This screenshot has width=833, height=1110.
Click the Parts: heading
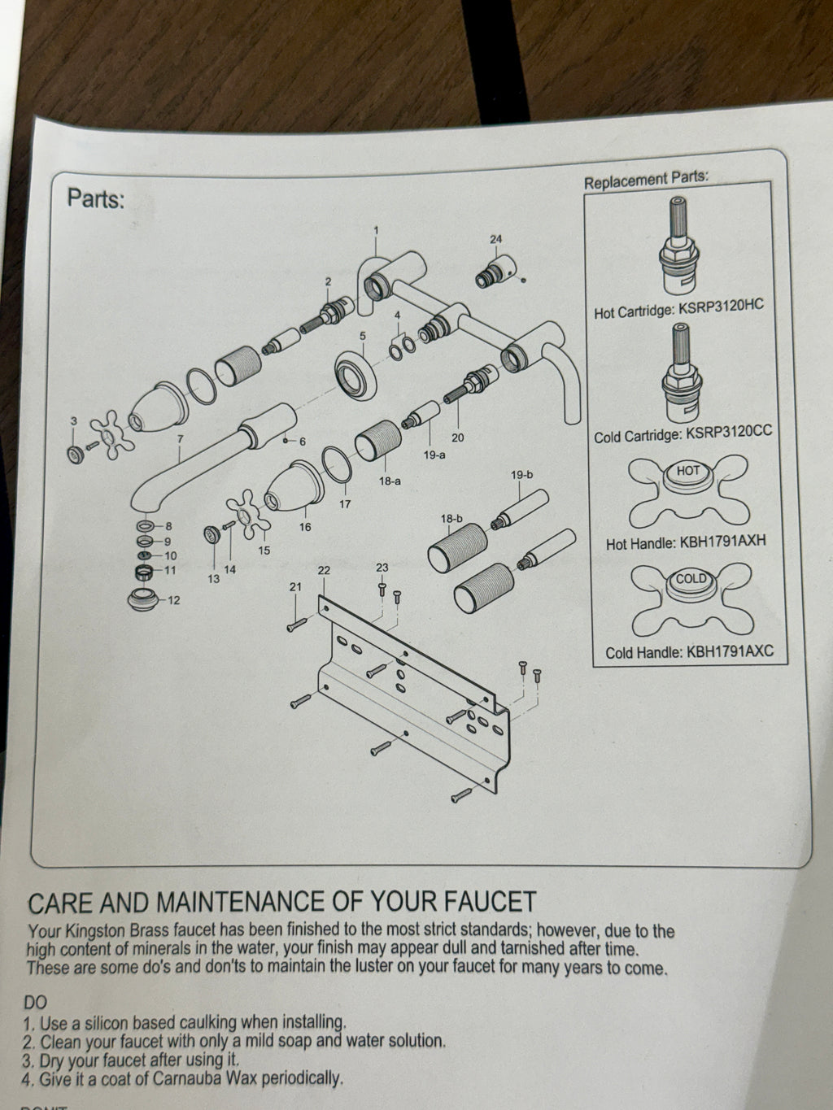pos(96,198)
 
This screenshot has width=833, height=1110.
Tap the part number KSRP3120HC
pos(721,308)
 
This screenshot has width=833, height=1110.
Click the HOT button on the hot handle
pos(688,470)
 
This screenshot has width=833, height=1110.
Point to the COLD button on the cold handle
pos(691,578)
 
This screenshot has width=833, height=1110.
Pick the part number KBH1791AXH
pos(722,542)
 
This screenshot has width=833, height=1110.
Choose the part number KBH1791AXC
pos(730,651)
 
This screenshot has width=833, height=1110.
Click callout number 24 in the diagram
pos(495,239)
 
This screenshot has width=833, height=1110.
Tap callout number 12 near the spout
pos(173,600)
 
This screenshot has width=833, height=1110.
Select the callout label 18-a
pos(390,481)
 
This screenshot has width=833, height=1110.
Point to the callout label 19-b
pos(521,475)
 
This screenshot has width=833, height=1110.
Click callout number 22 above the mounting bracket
pos(324,570)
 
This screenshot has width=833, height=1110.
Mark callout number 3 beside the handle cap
pos(74,420)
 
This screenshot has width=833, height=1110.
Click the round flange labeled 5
pos(356,376)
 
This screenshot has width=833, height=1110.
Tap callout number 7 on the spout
pos(180,439)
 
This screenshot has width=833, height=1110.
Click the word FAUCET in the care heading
pos(490,902)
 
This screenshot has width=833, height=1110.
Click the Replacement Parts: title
pos(647,180)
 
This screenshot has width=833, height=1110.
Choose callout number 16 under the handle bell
pos(305,527)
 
